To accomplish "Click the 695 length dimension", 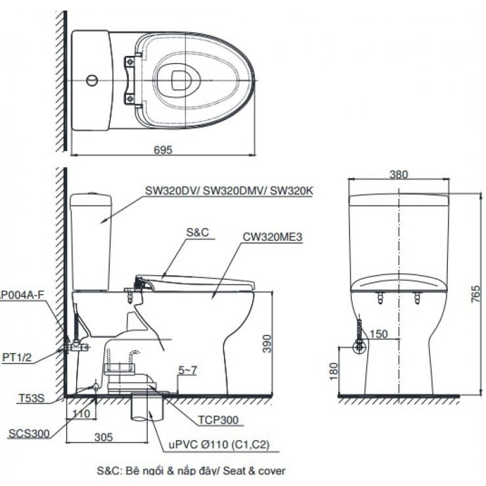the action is [163, 150].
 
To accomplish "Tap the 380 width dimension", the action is [398, 175].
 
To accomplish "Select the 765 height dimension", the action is [475, 294].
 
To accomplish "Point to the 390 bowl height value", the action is [267, 343].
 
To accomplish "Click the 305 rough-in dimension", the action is [104, 437].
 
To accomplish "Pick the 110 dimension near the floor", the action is [81, 414].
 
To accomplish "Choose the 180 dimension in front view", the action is [333, 371].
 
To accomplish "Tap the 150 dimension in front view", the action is [379, 334].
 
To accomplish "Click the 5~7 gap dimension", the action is [188, 370].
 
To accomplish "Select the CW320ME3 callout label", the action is [272, 237].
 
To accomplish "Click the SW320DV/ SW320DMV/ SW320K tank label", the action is [229, 190].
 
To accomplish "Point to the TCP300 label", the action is [218, 420].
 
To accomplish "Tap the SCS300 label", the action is [29, 433].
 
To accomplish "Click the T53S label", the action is [32, 398].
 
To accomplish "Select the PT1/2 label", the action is [16, 357].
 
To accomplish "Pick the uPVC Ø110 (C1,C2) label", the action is [219, 445].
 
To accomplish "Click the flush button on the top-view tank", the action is [92, 81].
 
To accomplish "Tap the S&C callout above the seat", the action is [198, 232].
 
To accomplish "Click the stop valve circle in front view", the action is [359, 347].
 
